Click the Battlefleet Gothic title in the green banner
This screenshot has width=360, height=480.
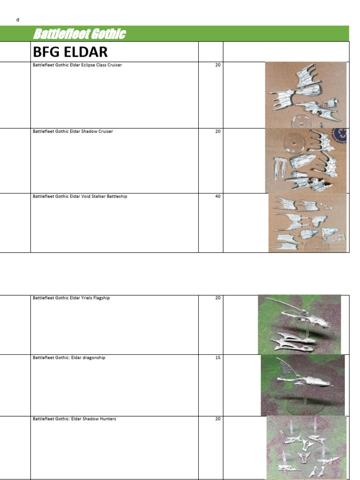[79, 34]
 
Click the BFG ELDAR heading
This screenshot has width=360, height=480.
[70, 52]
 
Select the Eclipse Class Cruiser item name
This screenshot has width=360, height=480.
[77, 65]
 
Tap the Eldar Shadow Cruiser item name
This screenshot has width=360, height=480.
[73, 131]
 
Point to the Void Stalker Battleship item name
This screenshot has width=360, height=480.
[80, 196]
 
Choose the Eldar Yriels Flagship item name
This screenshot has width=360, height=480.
[71, 298]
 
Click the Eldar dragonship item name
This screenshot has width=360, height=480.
[69, 358]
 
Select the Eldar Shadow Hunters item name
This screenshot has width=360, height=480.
[75, 419]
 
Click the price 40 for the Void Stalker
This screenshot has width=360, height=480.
[217, 196]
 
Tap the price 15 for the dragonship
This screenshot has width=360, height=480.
[217, 358]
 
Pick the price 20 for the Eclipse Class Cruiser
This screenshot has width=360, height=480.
[217, 65]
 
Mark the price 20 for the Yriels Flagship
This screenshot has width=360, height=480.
[217, 298]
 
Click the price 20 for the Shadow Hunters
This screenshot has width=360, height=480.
[217, 419]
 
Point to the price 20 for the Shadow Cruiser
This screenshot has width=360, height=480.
[217, 131]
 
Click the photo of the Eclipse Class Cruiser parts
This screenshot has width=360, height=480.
[306, 95]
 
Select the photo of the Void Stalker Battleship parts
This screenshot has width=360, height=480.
[307, 223]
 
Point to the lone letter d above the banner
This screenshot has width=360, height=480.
[18, 20]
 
